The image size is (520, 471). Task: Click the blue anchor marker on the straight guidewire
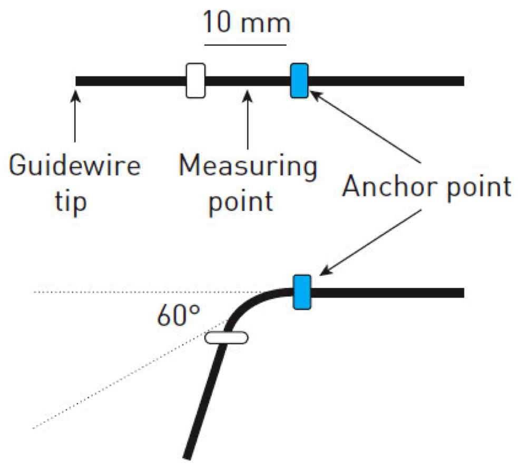coord(299,81)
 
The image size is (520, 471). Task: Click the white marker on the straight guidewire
coord(195,81)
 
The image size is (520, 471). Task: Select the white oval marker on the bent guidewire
coord(226,337)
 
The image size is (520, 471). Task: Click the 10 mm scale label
coord(247,22)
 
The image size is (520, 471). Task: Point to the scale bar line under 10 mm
coord(247,45)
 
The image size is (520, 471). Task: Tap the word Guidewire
coord(75,167)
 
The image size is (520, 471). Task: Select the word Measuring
coord(248,167)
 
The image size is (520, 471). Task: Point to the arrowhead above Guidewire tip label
coord(75,95)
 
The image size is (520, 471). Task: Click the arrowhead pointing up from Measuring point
coord(248,95)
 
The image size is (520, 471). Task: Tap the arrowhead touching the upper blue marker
coord(314,95)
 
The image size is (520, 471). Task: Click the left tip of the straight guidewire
coord(77,81)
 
